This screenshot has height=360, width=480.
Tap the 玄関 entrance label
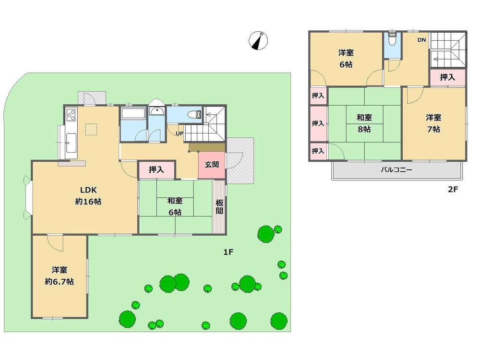pyautogui.click(x=212, y=164)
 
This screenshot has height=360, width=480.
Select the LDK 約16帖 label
pyautogui.click(x=88, y=195)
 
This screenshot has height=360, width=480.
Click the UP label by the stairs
pyautogui.click(x=179, y=133)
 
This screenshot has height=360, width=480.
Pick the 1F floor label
pyautogui.click(x=228, y=252)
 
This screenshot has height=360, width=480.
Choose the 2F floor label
pyautogui.click(x=453, y=189)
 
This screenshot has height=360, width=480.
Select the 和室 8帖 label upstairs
pyautogui.click(x=363, y=123)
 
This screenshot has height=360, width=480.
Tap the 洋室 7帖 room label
pyautogui.click(x=433, y=123)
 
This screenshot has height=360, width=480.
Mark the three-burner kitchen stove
pyautogui.click(x=71, y=115)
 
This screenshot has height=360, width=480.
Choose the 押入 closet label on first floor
pyautogui.click(x=156, y=169)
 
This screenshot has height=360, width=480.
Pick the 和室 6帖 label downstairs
pyautogui.click(x=174, y=207)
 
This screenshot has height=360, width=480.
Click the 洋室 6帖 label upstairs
pyautogui.click(x=346, y=59)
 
